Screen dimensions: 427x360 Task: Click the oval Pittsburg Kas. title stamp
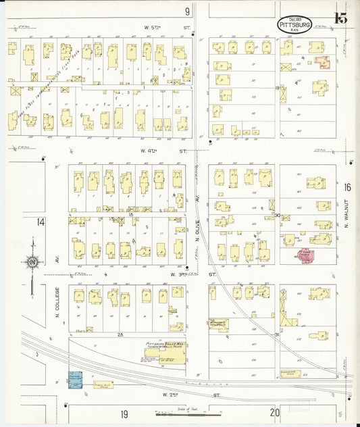tap(294, 25)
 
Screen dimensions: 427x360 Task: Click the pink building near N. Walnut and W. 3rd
tap(304, 255)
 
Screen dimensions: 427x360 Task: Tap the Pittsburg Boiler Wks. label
tap(165, 344)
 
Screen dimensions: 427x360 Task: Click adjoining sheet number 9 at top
tap(187, 11)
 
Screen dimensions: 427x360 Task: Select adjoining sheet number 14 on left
tap(41, 222)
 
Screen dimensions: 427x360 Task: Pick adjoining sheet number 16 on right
tap(346, 187)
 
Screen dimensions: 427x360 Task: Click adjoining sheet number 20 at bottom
tap(274, 412)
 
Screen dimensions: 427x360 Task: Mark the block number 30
tap(277, 215)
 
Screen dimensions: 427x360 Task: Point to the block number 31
tap(277, 334)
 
